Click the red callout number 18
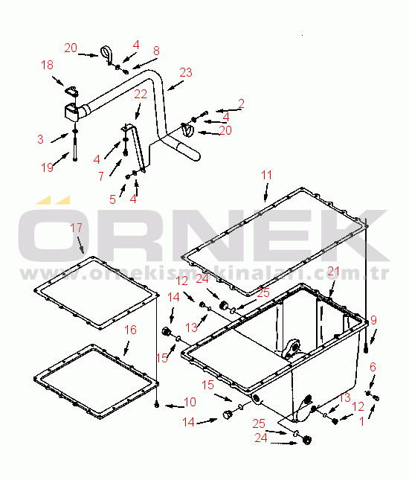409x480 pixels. [x=47, y=65]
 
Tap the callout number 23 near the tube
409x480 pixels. [x=186, y=72]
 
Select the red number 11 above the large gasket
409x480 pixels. [x=266, y=175]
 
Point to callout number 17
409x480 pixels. [x=76, y=228]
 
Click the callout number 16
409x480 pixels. [x=130, y=330]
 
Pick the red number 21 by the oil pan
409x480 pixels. [x=333, y=271]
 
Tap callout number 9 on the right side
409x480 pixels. [x=373, y=320]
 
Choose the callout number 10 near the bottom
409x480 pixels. [x=190, y=402]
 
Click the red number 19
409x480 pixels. [x=47, y=167]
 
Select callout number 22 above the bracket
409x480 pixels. [x=141, y=94]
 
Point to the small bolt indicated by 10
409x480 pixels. [x=157, y=405]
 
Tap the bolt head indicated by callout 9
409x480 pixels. [x=366, y=349]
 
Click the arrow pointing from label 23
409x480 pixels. [x=175, y=86]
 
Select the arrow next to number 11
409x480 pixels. [x=266, y=193]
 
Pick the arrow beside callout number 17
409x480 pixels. [x=81, y=245]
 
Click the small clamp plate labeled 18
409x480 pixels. [x=71, y=91]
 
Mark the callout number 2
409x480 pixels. [x=242, y=103]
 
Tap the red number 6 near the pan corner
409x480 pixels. [x=373, y=367]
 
